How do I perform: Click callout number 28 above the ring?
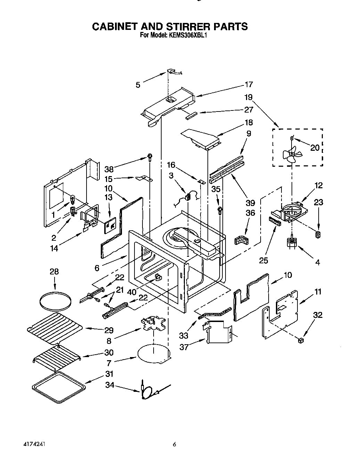tap(54, 272)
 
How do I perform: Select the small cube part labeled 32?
tap(301, 340)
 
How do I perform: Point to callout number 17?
tap(248, 84)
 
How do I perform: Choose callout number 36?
tap(250, 213)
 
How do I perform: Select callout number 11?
tap(318, 291)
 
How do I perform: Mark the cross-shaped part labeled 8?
tap(153, 325)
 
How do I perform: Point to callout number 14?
tap(54, 248)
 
